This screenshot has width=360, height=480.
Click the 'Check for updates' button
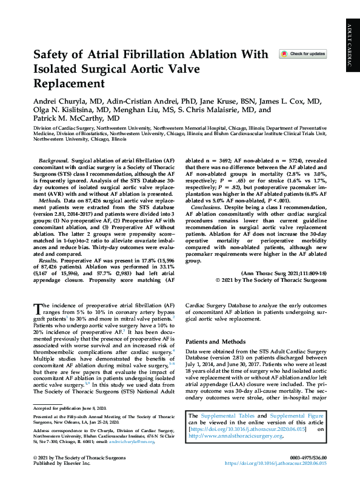[303, 54]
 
